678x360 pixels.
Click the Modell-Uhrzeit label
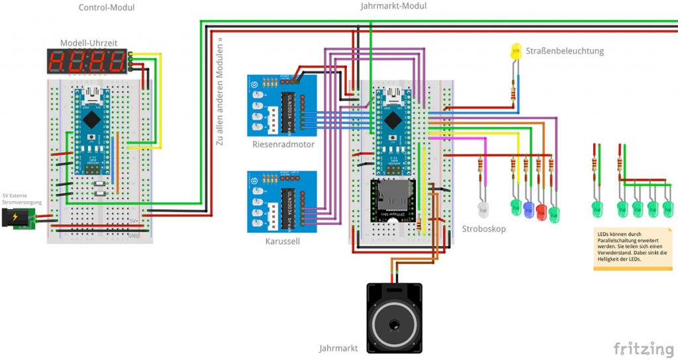coord(89,43)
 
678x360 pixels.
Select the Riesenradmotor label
coord(283,144)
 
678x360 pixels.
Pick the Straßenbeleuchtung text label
coord(565,51)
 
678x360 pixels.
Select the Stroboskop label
coord(483,229)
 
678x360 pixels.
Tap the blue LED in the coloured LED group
coord(528,209)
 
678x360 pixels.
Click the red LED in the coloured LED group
coord(541,212)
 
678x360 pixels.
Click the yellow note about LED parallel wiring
coord(632,249)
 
